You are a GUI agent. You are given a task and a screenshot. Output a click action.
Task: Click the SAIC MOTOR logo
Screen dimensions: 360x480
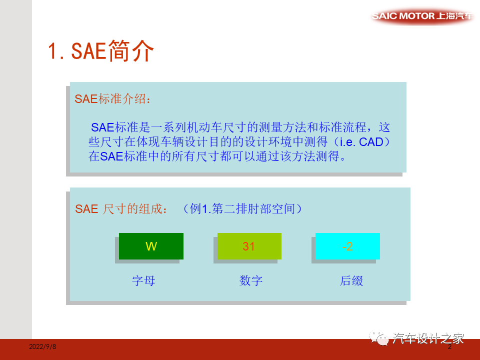tap(422, 16)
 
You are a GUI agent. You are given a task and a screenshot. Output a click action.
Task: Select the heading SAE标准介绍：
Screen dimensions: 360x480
tap(112, 98)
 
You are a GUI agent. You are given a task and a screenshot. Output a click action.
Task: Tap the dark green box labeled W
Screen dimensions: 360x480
tap(151, 246)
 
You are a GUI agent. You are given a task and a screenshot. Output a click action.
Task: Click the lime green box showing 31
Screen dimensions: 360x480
tap(249, 246)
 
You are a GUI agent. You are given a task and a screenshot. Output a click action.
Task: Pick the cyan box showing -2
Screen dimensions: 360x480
tap(347, 246)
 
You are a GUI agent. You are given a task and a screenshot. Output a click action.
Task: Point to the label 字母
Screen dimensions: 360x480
tap(143, 280)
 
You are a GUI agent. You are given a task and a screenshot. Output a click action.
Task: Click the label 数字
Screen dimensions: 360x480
tap(251, 280)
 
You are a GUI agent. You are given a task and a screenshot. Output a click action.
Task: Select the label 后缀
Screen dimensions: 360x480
tap(351, 280)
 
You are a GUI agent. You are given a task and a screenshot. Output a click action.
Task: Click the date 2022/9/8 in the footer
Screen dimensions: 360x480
tap(42, 346)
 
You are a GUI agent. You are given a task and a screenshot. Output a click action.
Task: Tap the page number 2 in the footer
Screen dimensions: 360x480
tap(449, 346)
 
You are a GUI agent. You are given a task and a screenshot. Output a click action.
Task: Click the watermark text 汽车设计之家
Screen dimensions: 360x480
tap(429, 338)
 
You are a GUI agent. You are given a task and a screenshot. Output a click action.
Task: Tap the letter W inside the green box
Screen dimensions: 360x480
tap(151, 246)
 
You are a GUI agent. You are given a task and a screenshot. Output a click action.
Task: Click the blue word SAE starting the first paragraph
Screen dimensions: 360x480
tap(102, 127)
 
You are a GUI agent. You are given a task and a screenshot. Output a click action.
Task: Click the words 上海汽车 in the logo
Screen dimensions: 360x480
tap(454, 16)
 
